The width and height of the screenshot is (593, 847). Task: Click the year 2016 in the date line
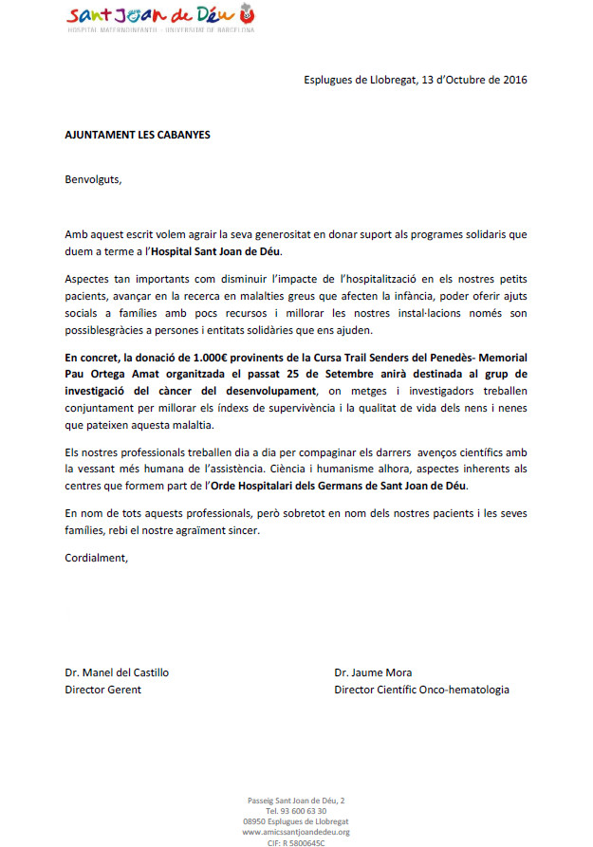tap(514, 80)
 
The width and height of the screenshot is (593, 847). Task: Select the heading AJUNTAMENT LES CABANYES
tap(138, 135)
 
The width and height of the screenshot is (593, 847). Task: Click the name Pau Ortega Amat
tap(109, 374)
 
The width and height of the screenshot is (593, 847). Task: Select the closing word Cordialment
tap(95, 558)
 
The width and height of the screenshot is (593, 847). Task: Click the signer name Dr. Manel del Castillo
tap(117, 672)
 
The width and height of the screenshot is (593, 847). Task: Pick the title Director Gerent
tap(102, 690)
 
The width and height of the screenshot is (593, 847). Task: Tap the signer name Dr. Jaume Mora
tap(374, 672)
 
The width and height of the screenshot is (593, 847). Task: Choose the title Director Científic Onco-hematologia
tap(421, 690)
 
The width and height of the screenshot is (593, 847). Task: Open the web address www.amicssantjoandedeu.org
tap(296, 832)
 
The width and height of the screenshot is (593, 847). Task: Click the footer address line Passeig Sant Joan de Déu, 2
tap(296, 801)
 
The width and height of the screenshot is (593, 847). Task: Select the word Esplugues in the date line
tap(330, 80)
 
